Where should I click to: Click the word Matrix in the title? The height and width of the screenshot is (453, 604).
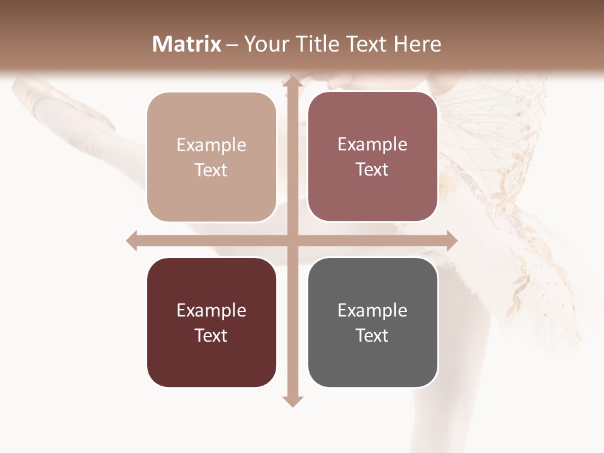point(187,44)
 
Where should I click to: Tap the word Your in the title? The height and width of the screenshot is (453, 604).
point(264,44)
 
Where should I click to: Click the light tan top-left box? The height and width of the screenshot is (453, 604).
point(211,157)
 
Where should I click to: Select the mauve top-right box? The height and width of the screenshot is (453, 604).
point(372,157)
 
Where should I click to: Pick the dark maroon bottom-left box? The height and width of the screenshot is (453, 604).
point(211,322)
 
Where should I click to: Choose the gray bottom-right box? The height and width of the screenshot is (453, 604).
point(372,322)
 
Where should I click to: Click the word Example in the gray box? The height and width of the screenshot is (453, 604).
point(372,310)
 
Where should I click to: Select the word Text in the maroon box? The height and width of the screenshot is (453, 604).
point(211,335)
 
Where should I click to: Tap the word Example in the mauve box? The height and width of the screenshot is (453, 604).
point(372,145)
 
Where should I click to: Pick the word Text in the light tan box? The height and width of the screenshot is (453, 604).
point(211,171)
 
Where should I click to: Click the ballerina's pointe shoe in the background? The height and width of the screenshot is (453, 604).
point(69,107)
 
